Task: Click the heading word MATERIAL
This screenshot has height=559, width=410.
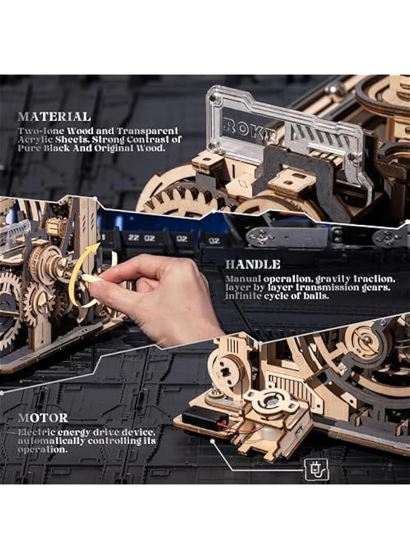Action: pos(54,116)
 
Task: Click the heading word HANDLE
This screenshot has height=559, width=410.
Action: pos(253,264)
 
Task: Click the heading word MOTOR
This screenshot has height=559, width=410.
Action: pos(43,417)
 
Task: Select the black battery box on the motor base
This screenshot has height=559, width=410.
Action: pos(201,420)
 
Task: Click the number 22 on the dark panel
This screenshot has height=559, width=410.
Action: pos(133,238)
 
